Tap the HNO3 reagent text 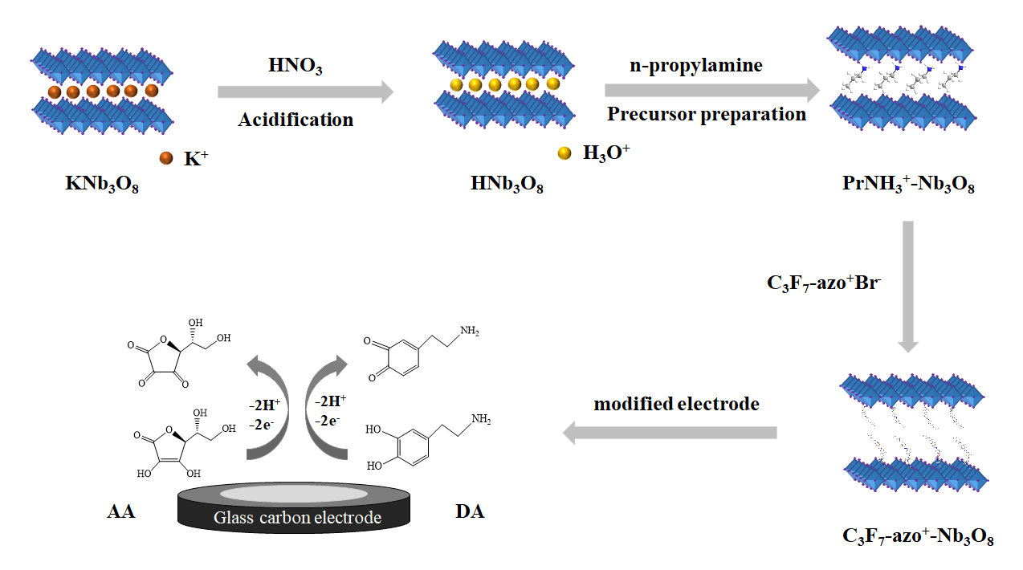pos(295,67)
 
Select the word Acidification pos(295,120)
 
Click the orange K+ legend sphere pos(166,158)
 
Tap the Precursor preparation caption pos(706,114)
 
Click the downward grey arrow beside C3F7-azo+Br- pos(908,286)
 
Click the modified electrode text pos(676,404)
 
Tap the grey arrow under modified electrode pos(670,434)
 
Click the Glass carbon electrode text pos(297,518)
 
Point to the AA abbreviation pos(120,511)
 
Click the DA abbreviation pos(470,511)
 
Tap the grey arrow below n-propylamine pos(713,91)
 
